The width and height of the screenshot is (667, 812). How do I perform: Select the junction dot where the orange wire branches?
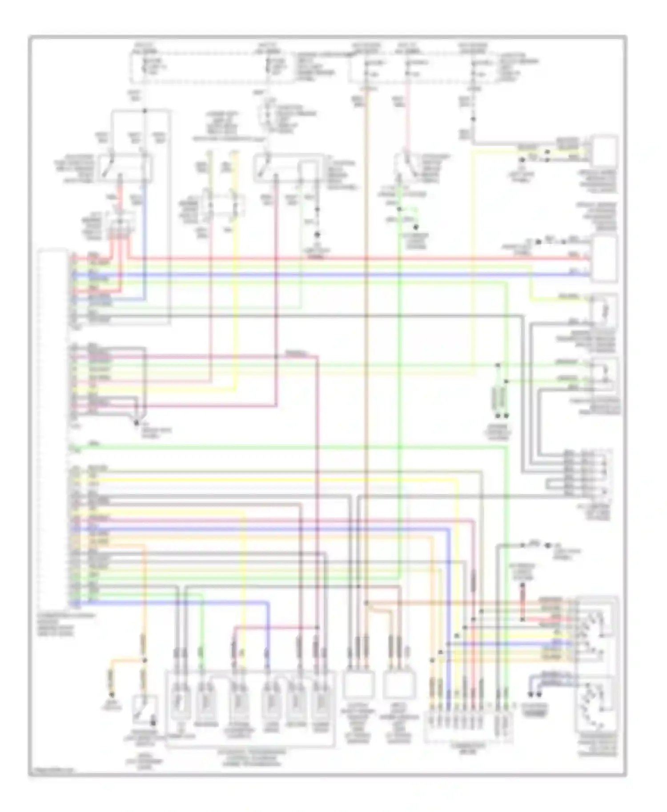tap(144, 661)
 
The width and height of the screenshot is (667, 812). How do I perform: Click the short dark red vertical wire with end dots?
tap(522, 595)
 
